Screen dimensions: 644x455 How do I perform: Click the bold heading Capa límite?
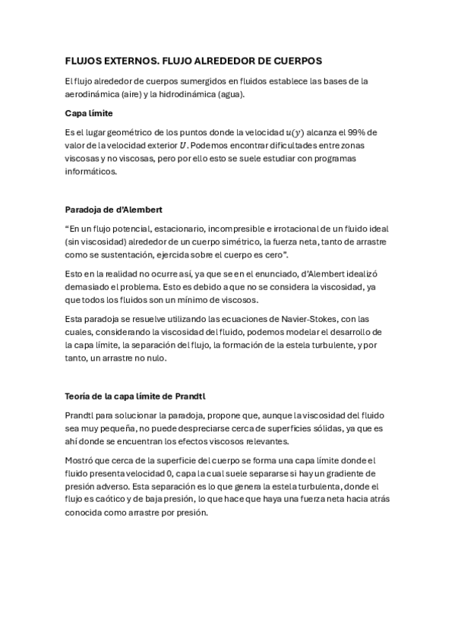point(89,113)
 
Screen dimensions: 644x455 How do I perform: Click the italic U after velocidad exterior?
point(182,145)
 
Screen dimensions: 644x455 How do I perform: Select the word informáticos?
point(91,172)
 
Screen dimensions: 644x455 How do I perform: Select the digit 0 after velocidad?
point(185,473)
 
